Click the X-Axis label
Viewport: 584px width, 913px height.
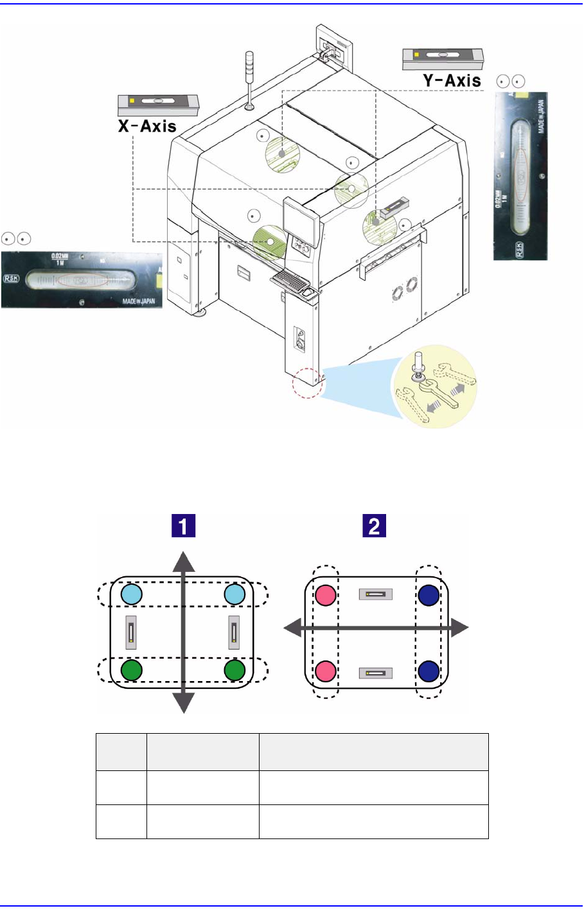click(147, 126)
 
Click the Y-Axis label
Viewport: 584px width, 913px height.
click(452, 80)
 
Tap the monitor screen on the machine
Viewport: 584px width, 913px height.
click(301, 217)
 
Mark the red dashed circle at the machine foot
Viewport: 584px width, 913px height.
click(307, 382)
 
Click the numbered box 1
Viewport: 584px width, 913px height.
click(183, 527)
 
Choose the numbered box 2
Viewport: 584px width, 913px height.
click(374, 527)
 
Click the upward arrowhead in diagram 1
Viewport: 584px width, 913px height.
click(184, 561)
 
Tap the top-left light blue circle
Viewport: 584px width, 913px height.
click(132, 594)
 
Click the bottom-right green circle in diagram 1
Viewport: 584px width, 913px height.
click(235, 670)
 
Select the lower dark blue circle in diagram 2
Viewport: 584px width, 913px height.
click(429, 671)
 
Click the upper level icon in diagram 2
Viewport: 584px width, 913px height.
click(376, 594)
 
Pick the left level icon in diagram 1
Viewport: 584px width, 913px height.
click(131, 632)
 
